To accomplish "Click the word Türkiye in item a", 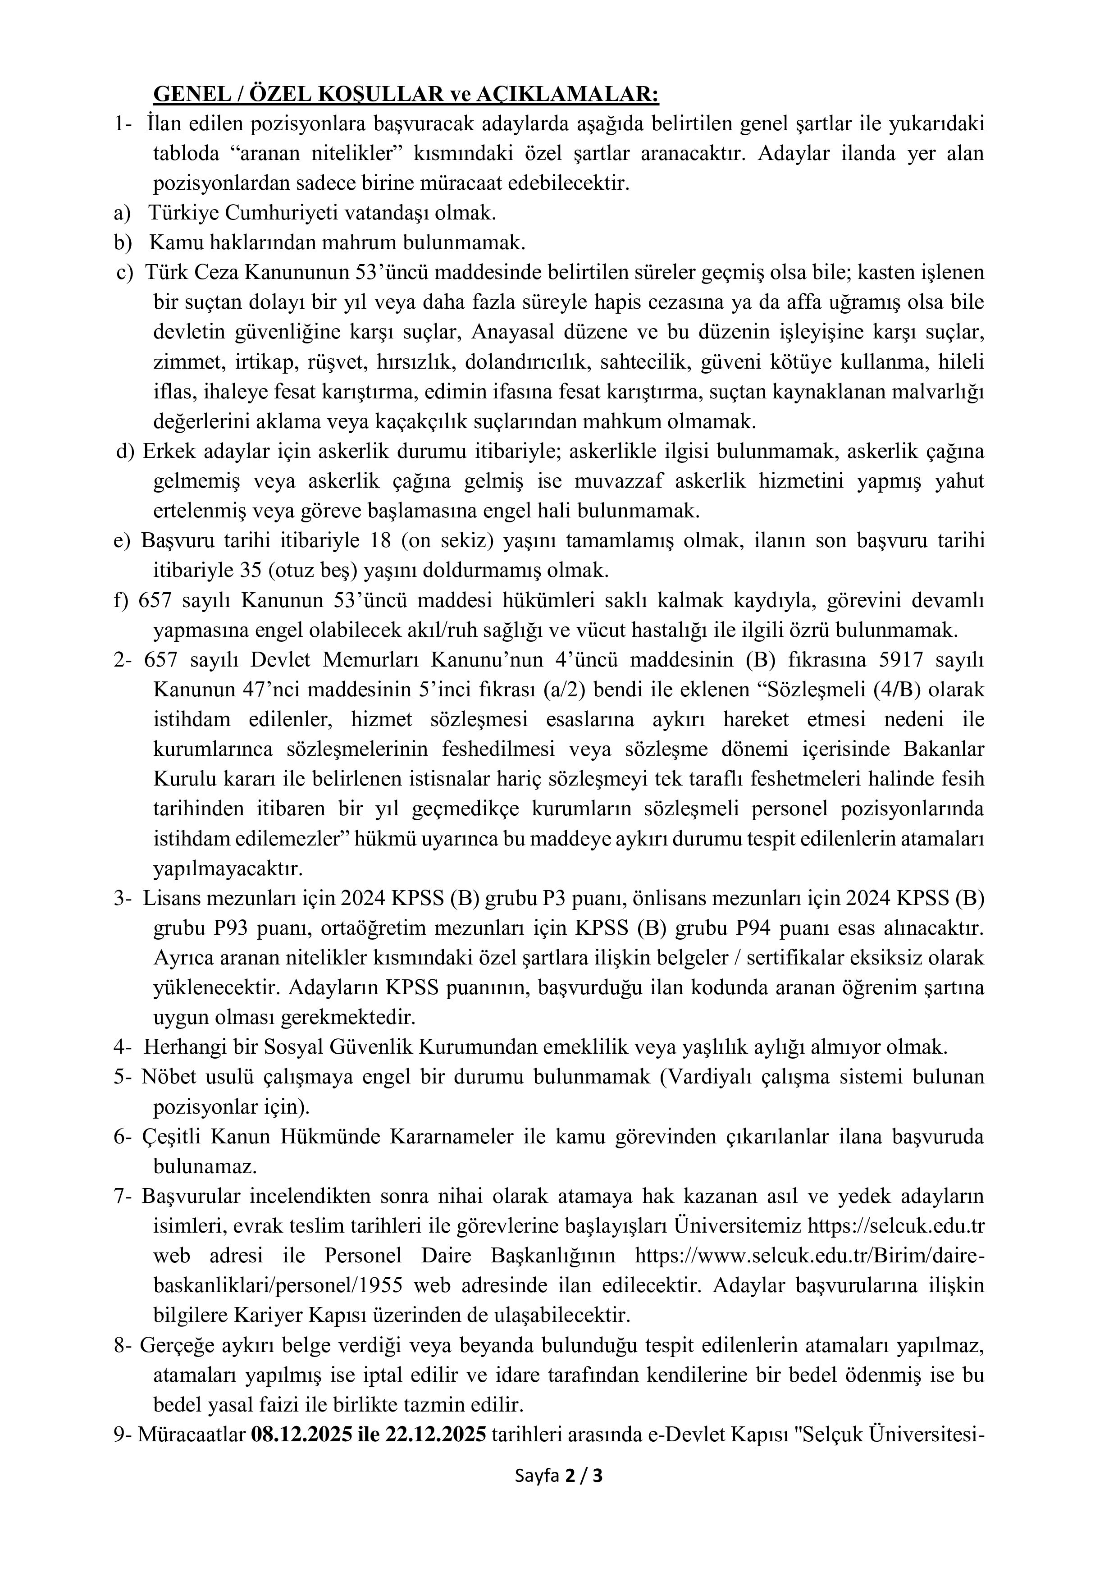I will point(183,213).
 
